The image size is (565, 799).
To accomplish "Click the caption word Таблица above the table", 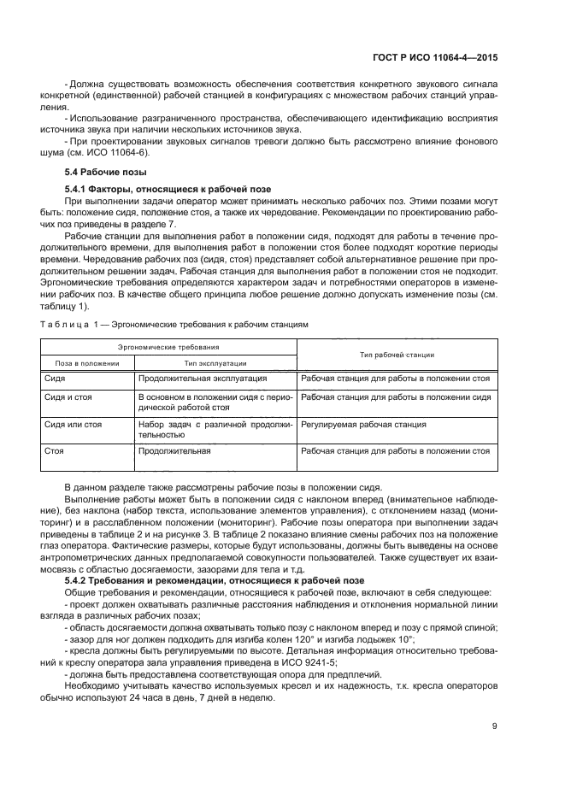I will click(65, 326).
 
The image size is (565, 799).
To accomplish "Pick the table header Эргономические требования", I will click(168, 347).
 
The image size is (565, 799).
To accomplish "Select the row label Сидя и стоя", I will click(68, 397).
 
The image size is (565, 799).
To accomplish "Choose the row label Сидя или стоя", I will click(73, 423).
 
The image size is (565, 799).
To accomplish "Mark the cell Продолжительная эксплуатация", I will click(203, 377).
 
